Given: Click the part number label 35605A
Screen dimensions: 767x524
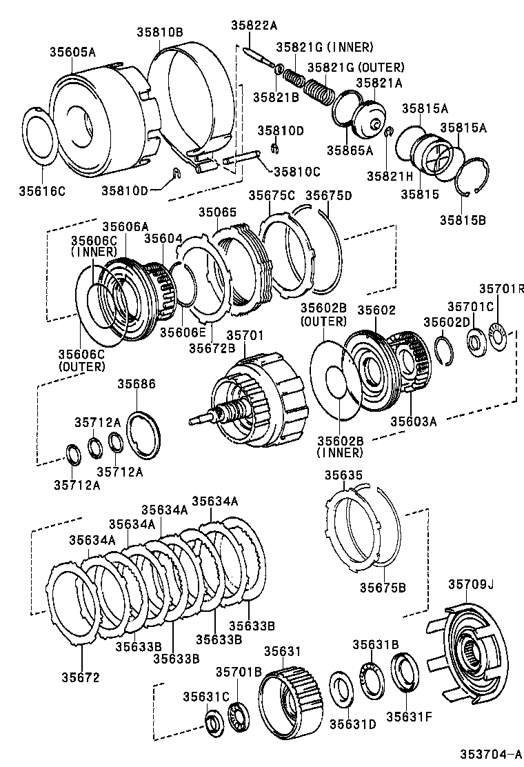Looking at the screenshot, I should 72,51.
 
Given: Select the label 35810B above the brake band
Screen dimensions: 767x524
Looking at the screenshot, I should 159,32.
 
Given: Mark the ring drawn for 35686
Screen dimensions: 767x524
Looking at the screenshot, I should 145,435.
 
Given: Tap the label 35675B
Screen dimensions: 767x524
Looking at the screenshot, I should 383,587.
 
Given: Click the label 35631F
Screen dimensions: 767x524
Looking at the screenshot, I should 408,716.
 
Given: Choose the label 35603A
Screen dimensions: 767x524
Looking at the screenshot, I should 414,421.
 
